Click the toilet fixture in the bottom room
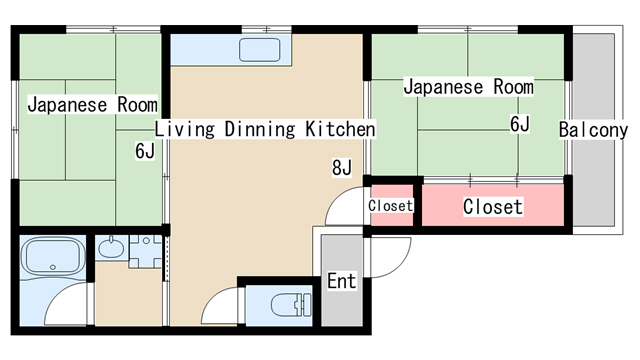291,305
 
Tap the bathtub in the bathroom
53,257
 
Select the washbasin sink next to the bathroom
111,248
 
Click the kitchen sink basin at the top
260,50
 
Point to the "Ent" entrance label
342,281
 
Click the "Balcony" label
593,130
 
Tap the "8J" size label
342,167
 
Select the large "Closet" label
493,207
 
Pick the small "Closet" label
391,205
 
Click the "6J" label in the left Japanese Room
145,151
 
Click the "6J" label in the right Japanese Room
520,124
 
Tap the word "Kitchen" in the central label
340,129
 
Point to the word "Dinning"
260,130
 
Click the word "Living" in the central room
184,130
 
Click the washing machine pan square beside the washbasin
146,251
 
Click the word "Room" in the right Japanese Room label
513,87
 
